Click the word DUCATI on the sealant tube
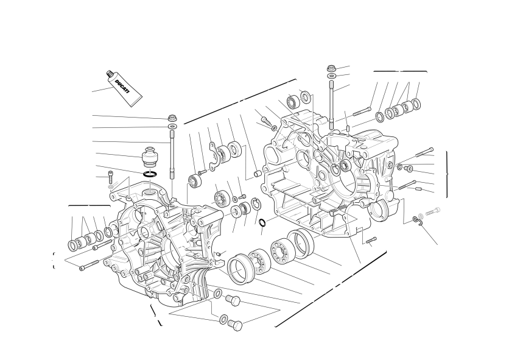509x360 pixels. coord(122,86)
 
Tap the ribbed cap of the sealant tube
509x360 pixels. coord(110,74)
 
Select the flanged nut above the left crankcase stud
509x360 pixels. coord(172,118)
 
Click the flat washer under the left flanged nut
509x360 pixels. coord(172,125)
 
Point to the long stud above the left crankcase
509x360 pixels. coord(172,154)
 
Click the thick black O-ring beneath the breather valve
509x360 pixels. coord(150,174)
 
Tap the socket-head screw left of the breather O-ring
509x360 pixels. coord(111,177)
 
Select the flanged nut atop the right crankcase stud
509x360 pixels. coord(331,69)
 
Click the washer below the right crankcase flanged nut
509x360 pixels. coord(331,76)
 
